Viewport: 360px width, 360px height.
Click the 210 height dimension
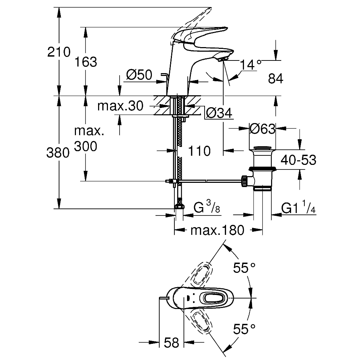(x=59, y=52)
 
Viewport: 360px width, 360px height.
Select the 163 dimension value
(x=86, y=62)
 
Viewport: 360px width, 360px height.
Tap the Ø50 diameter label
(x=139, y=75)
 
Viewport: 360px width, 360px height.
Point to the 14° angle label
(x=251, y=65)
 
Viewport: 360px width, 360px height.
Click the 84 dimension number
(x=276, y=78)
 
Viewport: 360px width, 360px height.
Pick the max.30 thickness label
(x=120, y=106)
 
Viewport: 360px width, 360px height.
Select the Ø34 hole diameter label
(x=219, y=113)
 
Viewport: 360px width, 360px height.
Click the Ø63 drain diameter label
(x=262, y=129)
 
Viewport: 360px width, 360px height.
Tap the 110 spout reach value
(x=199, y=151)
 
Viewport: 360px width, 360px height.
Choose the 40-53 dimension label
(x=299, y=160)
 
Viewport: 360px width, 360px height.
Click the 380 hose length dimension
(x=58, y=153)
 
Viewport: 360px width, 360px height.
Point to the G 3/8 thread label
(x=207, y=206)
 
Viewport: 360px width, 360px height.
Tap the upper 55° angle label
(x=244, y=268)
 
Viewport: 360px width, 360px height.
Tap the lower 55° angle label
(x=244, y=329)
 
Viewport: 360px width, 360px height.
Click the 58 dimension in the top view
(x=172, y=343)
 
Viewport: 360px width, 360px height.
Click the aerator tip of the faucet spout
(x=222, y=60)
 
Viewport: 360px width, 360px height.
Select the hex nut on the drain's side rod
(x=244, y=181)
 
